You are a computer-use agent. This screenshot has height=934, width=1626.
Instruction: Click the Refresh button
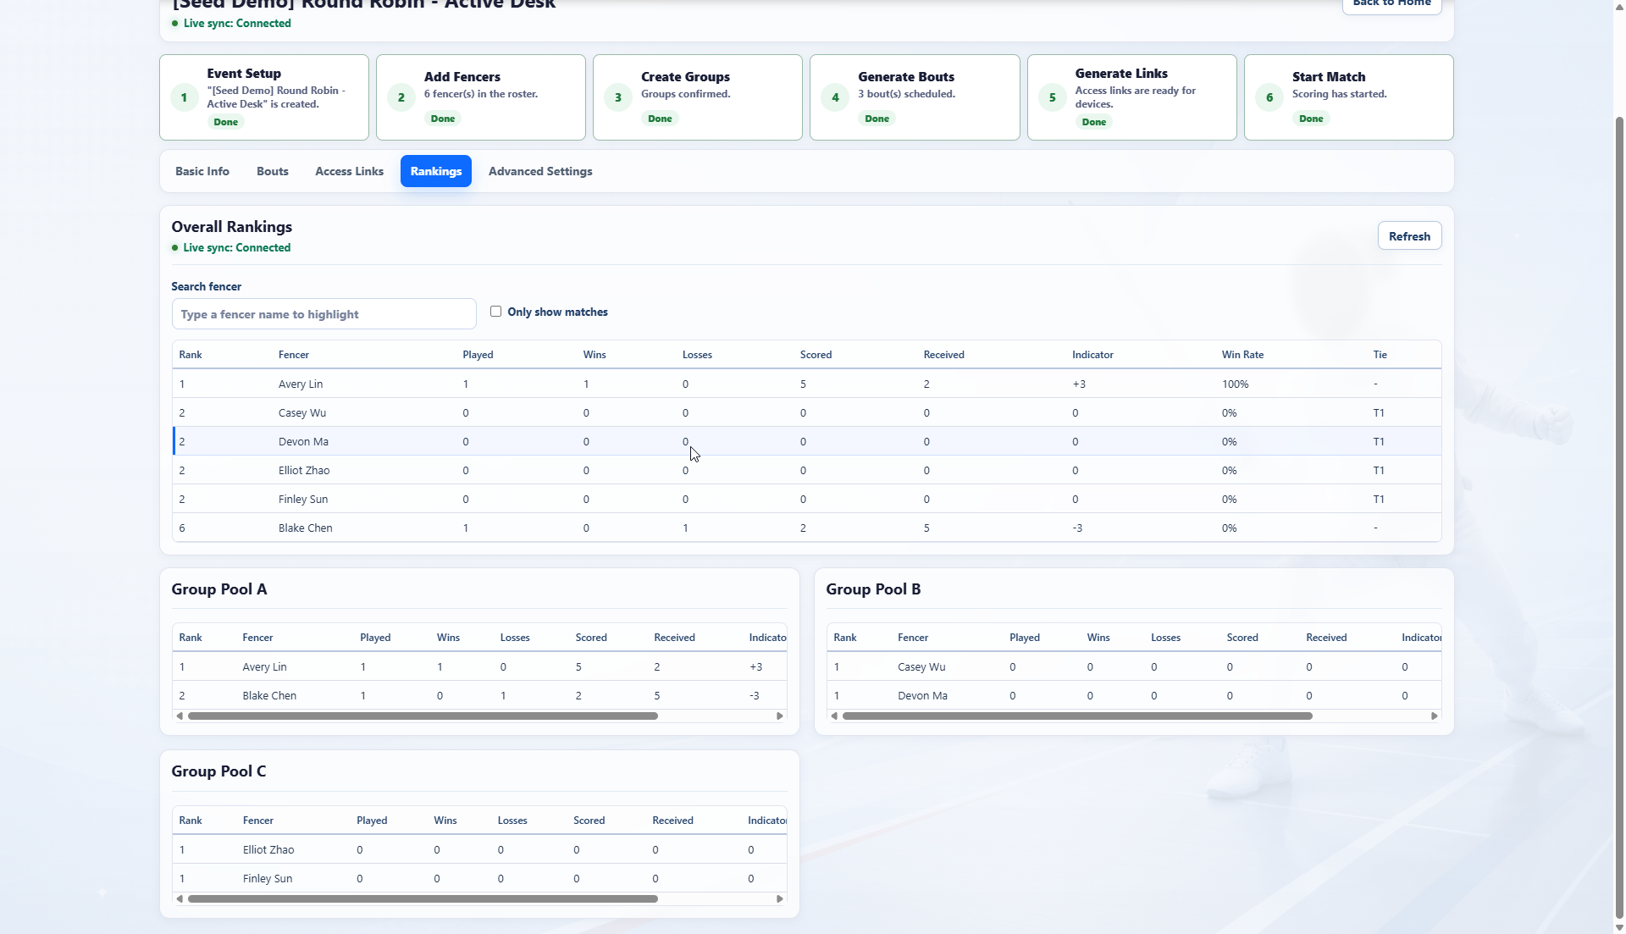tap(1409, 236)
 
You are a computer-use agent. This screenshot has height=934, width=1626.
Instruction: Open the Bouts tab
tap(273, 171)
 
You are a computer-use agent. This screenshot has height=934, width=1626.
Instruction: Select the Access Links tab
tap(349, 171)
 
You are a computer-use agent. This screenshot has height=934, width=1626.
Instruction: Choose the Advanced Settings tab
tap(540, 171)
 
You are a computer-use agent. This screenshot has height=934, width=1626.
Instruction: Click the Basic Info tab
tap(202, 171)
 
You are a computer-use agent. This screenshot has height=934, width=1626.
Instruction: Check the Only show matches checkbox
tap(495, 312)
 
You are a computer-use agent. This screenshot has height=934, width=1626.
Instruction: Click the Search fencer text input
tap(324, 314)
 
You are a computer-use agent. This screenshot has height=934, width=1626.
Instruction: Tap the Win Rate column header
tap(1242, 355)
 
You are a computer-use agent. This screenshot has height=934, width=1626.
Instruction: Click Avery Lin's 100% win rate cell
tap(1235, 384)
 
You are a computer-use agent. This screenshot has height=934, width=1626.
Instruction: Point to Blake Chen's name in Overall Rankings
tap(305, 528)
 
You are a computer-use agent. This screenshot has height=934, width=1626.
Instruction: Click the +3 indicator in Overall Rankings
tap(1079, 384)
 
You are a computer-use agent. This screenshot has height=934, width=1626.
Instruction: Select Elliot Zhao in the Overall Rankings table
tap(304, 471)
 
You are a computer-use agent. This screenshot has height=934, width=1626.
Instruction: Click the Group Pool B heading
tap(873, 589)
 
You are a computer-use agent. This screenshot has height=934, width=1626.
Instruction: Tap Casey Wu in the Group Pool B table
tap(921, 667)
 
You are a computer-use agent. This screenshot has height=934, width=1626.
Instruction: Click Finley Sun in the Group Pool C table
tap(268, 879)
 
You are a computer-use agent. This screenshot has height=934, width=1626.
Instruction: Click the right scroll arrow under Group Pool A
tap(780, 716)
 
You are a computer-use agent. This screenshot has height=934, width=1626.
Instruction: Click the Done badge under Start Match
tap(1311, 119)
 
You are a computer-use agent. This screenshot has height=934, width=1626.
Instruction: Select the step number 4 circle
tap(835, 97)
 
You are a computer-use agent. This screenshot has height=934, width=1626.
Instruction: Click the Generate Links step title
tap(1121, 74)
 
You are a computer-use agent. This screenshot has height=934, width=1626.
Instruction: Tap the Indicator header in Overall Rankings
tap(1092, 355)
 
